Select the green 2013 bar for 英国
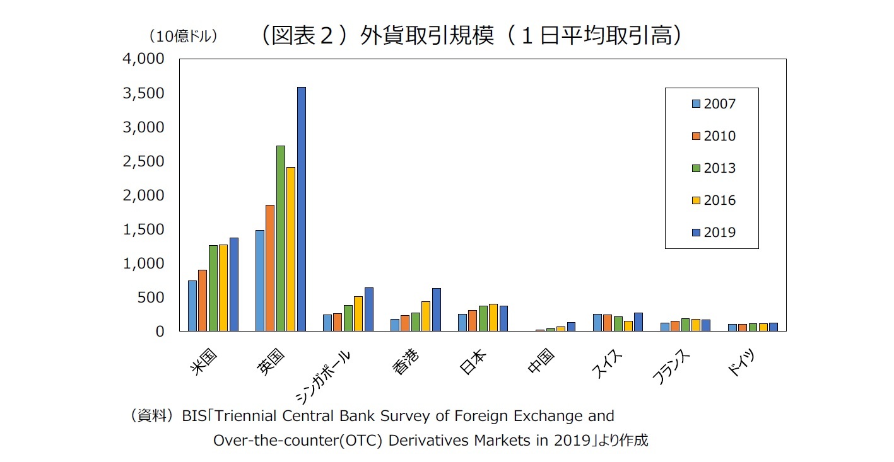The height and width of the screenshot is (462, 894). pos(281,238)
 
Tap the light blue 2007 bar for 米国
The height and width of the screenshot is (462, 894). pos(192,306)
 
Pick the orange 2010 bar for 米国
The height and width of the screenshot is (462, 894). pos(203,301)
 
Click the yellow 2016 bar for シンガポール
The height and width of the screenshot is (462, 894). pos(358,314)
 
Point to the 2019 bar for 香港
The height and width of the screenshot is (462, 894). pos(436,309)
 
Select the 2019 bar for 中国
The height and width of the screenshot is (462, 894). pos(571,326)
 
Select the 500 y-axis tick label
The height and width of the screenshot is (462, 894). pos(151,297)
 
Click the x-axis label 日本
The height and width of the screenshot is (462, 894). pos(473,364)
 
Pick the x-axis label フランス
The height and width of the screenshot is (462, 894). pos(671,368)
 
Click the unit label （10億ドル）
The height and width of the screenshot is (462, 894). pos(182,37)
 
